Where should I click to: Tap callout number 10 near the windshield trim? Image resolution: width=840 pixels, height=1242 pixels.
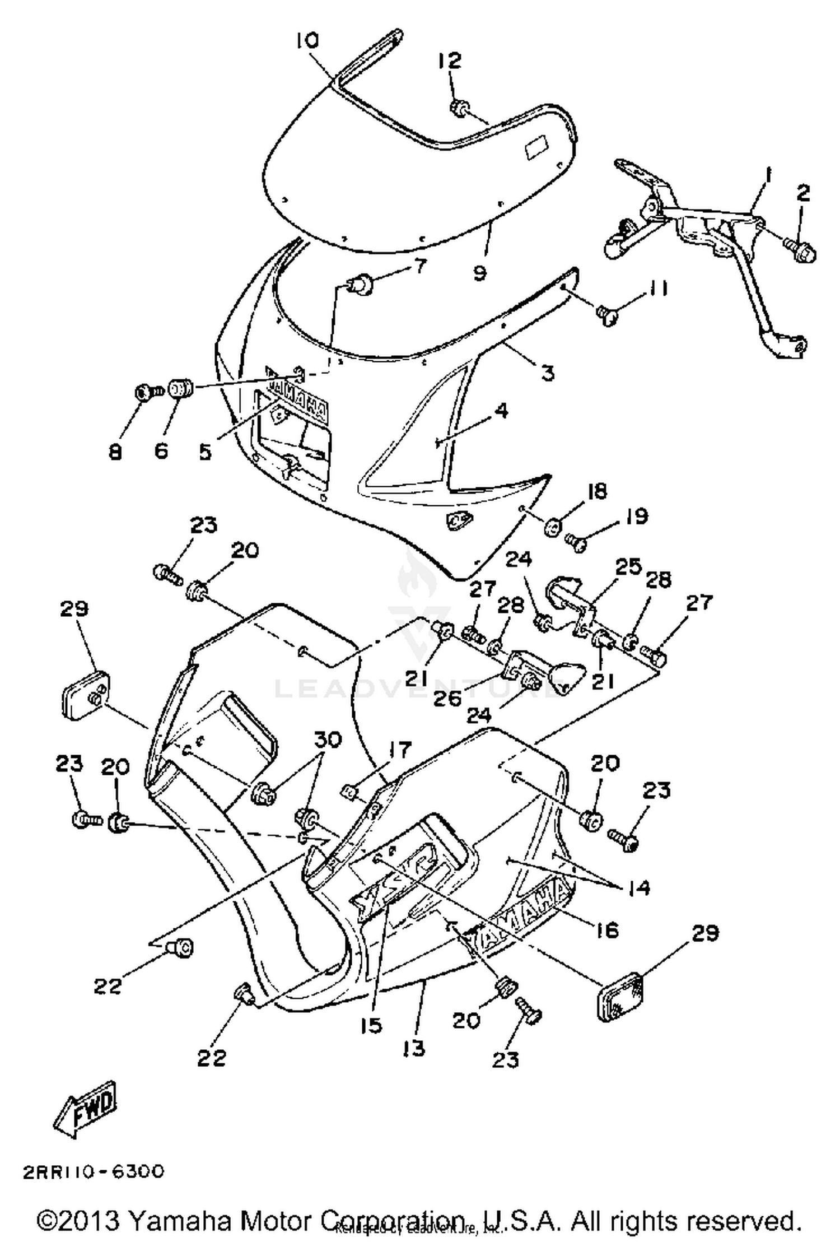[x=306, y=40]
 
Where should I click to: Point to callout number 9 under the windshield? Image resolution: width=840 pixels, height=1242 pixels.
[x=480, y=273]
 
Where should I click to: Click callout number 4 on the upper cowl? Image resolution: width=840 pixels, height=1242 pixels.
[x=501, y=411]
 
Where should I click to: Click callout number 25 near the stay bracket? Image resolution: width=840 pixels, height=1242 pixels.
[x=627, y=567]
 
